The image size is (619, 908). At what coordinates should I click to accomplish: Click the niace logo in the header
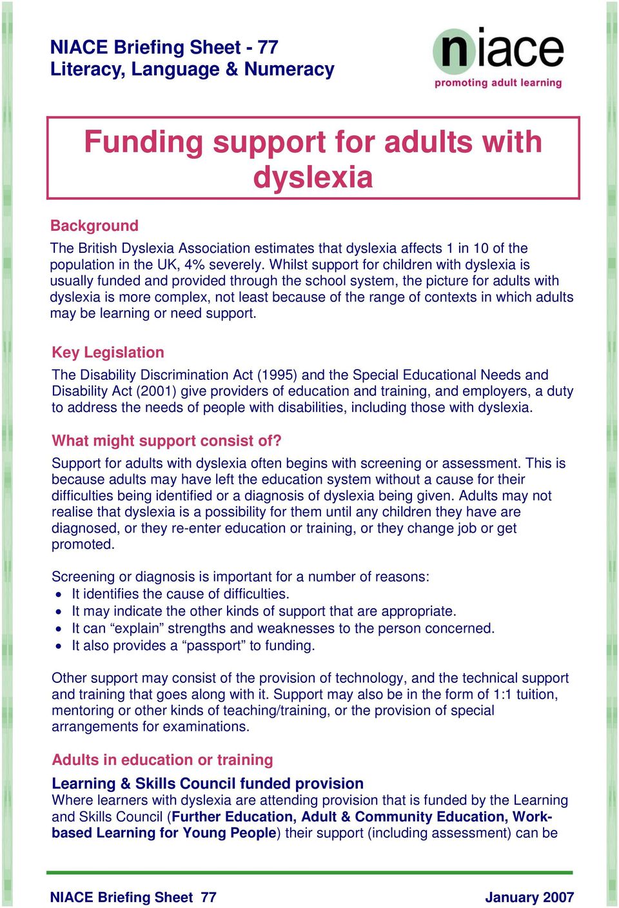click(x=498, y=50)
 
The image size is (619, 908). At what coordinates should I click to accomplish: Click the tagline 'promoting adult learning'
click(x=498, y=83)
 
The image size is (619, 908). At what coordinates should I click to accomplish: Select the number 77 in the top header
click(x=268, y=47)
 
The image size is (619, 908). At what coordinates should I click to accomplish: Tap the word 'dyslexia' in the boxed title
click(x=313, y=176)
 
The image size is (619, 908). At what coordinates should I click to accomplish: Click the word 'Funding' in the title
click(x=143, y=141)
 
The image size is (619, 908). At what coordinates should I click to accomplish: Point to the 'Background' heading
click(x=94, y=226)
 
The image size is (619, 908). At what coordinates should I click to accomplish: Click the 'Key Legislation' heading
click(x=108, y=352)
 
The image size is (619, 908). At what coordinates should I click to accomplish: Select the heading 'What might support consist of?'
click(x=166, y=440)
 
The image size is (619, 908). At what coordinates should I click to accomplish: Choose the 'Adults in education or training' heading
click(x=162, y=760)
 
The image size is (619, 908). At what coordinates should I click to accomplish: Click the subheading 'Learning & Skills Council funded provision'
click(x=207, y=784)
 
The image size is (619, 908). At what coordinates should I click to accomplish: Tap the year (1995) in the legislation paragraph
click(x=277, y=375)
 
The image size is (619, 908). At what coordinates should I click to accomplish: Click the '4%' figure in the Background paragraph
click(x=195, y=264)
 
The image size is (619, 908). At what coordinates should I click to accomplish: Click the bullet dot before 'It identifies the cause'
click(x=59, y=595)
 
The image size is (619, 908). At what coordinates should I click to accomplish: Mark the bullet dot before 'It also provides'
click(x=59, y=646)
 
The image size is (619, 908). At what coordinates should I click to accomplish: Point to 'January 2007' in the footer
click(x=529, y=897)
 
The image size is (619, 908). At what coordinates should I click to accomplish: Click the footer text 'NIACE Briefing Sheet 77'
click(x=133, y=897)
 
